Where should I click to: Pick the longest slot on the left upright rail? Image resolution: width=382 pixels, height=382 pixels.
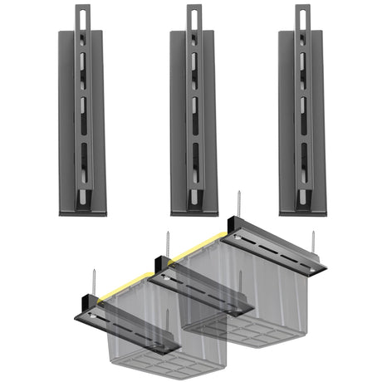pyautogui.click(x=83, y=158)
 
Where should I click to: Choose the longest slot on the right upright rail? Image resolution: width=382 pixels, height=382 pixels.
pyautogui.click(x=301, y=158)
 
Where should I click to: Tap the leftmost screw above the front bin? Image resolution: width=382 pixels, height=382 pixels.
pyautogui.click(x=93, y=279)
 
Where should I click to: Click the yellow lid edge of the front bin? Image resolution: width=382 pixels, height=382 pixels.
pyautogui.click(x=125, y=286)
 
